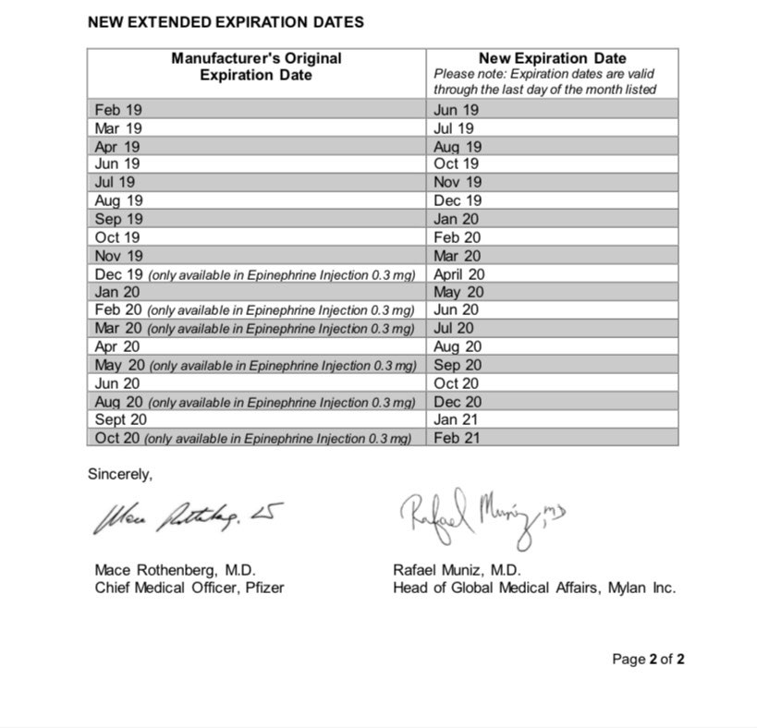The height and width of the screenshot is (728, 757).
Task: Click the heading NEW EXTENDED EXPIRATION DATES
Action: (x=226, y=21)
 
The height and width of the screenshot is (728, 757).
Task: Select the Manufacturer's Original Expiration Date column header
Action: (x=256, y=67)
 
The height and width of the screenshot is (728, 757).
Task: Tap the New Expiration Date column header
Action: (x=552, y=58)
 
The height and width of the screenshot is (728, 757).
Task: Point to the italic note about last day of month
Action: (x=545, y=81)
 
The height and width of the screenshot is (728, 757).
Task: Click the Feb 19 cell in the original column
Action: (x=118, y=110)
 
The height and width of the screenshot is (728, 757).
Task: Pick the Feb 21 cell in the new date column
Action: (x=457, y=438)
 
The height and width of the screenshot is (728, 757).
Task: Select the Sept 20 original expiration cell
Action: (x=120, y=419)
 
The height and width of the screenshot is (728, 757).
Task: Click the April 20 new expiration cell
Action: (x=458, y=273)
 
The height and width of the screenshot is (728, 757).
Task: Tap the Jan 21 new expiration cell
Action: (x=457, y=419)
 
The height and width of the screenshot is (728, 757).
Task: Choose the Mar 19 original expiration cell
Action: (x=118, y=128)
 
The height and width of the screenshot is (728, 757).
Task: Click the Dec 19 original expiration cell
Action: (x=118, y=273)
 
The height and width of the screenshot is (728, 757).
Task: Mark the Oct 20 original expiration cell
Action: (x=118, y=438)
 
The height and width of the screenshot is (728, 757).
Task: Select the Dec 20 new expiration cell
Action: (x=458, y=402)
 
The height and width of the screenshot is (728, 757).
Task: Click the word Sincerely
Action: (x=120, y=474)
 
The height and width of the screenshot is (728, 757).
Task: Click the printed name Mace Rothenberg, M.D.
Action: (x=175, y=570)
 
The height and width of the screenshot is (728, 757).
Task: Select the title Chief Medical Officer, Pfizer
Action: (x=189, y=588)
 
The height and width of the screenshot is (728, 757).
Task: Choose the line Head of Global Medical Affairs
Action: (x=533, y=588)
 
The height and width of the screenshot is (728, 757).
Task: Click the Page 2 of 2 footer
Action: (x=648, y=660)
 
